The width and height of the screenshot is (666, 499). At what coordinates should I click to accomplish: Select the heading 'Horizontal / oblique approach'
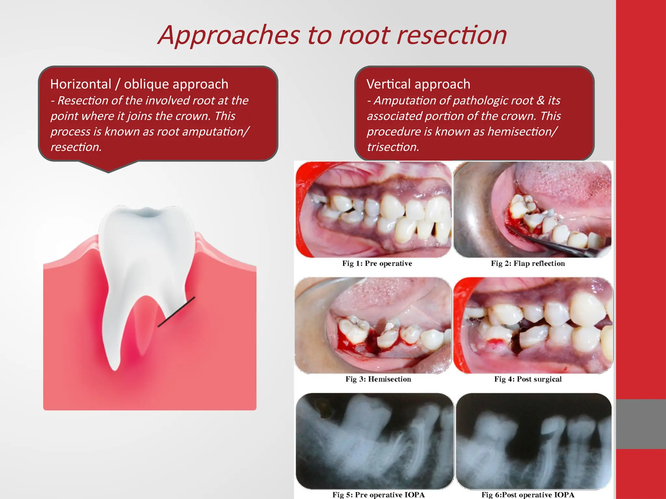click(x=139, y=84)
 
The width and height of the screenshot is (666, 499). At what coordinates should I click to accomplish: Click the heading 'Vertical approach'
click(x=418, y=84)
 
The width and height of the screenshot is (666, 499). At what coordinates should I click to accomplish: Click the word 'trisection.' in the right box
click(x=393, y=147)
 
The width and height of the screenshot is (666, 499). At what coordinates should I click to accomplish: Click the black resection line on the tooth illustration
click(x=176, y=312)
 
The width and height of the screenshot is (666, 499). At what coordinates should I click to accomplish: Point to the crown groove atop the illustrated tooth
click(x=147, y=213)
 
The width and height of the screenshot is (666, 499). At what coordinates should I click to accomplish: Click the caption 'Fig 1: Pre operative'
click(x=377, y=263)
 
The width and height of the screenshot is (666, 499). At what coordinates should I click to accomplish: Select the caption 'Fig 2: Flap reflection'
click(x=528, y=263)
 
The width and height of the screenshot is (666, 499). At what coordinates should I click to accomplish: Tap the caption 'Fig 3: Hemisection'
click(x=378, y=379)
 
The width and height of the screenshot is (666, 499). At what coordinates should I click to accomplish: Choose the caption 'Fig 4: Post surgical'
click(x=528, y=379)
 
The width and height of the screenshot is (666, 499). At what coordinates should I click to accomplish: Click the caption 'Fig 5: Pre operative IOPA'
click(x=378, y=495)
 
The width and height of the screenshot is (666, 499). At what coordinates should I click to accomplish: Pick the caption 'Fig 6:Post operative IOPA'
click(x=528, y=495)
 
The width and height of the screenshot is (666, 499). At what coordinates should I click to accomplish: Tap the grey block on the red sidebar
click(x=641, y=424)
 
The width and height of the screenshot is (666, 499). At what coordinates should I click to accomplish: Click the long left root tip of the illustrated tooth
click(x=114, y=367)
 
